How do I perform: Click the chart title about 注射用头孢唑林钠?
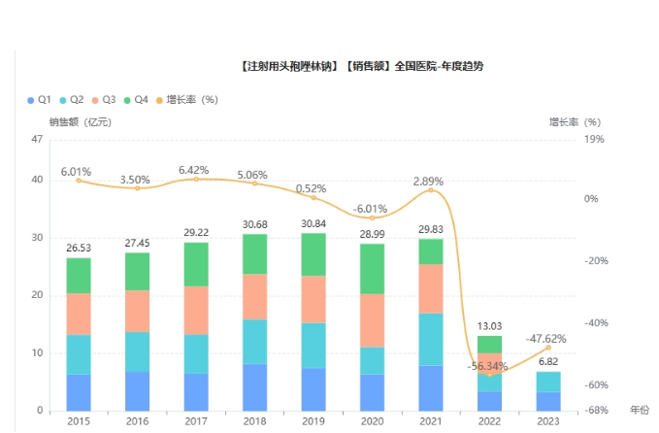(359, 66)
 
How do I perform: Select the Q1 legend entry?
(38, 100)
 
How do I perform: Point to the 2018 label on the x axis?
(255, 420)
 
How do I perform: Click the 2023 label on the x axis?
(548, 420)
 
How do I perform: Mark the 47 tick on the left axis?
(37, 140)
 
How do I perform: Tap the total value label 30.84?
(313, 224)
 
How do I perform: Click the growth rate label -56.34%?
(490, 366)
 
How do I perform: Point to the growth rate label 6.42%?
(195, 170)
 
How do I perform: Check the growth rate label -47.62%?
(547, 339)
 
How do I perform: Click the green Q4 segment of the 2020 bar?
(373, 268)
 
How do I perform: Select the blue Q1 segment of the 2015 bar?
(79, 392)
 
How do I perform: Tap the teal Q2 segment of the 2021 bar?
(431, 339)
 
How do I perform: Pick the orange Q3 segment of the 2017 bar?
(196, 310)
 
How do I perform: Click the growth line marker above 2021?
(431, 190)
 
